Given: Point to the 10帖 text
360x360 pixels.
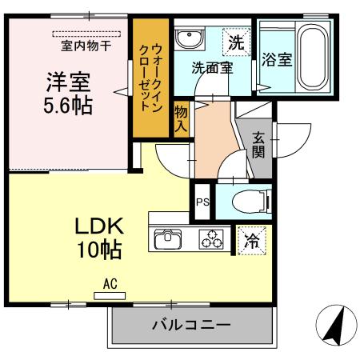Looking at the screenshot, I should point(99,250).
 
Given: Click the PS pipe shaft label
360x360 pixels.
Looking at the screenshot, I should point(202,202).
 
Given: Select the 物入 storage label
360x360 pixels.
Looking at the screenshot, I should point(181,118).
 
